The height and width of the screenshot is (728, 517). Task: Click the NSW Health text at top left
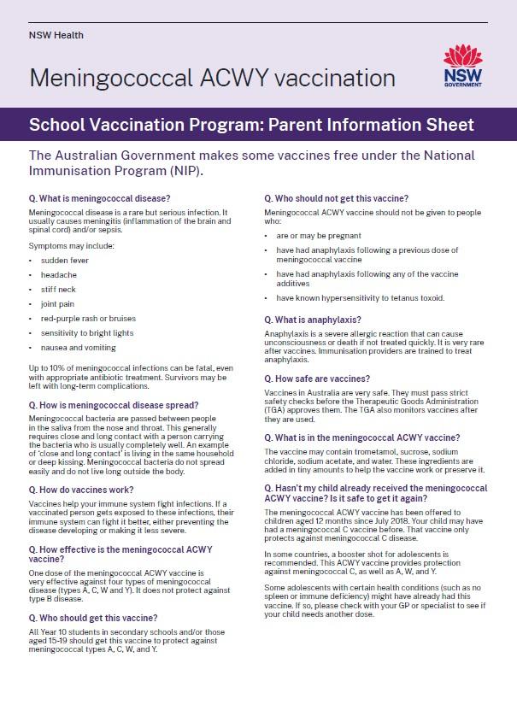[x=56, y=35]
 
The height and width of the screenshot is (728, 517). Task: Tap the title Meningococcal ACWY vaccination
[x=212, y=79]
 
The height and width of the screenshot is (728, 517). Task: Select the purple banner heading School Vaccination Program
[x=251, y=125]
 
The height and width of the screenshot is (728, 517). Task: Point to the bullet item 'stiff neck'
[x=58, y=290]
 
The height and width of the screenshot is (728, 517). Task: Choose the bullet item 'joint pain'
[x=57, y=304]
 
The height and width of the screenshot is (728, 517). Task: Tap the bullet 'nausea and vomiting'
[x=78, y=348]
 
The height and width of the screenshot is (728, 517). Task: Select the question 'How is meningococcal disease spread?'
[x=114, y=405]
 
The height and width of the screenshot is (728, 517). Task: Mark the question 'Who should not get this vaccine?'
[x=337, y=198]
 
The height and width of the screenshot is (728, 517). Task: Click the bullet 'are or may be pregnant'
[x=318, y=235]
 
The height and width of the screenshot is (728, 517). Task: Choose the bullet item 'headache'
[x=58, y=275]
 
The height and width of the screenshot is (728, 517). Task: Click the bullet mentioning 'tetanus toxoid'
[x=360, y=298]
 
